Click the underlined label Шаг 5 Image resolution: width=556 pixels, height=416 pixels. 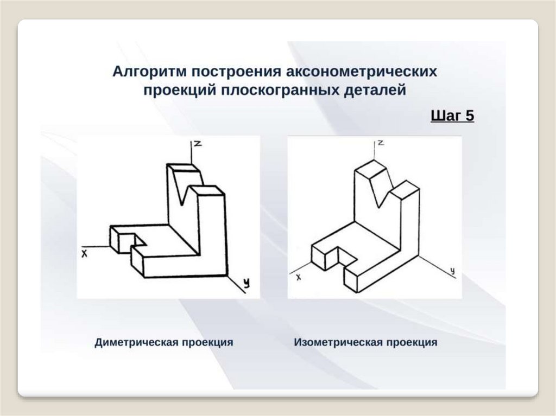pyautogui.click(x=452, y=116)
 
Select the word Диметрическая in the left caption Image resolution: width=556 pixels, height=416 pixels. pyautogui.click(x=136, y=343)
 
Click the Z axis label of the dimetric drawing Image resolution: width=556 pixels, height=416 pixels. pyautogui.click(x=198, y=143)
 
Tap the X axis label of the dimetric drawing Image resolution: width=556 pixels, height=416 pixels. pyautogui.click(x=85, y=253)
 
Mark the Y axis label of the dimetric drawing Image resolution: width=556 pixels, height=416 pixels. pyautogui.click(x=247, y=283)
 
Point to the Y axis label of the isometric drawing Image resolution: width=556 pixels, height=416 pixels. pyautogui.click(x=452, y=270)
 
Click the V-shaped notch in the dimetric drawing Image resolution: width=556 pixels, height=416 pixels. pyautogui.click(x=190, y=190)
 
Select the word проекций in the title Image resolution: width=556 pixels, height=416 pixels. pyautogui.click(x=180, y=90)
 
